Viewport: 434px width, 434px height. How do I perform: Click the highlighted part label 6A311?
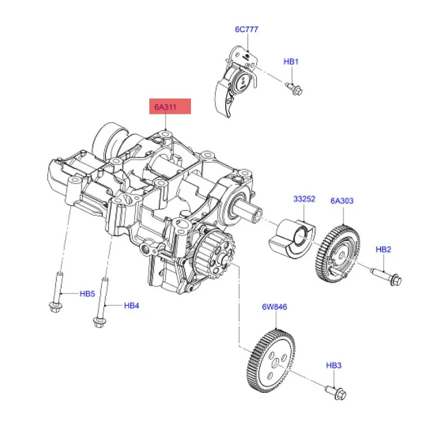coord(171,107)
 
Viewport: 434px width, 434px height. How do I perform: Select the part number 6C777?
coord(246,29)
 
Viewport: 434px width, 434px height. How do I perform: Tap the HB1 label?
coord(291,62)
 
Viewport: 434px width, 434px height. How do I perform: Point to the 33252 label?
coord(304,200)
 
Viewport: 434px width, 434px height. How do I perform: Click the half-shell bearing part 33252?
coord(291,239)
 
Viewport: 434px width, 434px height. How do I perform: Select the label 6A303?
coord(342,201)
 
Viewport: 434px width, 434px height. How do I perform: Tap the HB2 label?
coord(383,250)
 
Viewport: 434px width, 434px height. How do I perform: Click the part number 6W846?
coord(275,307)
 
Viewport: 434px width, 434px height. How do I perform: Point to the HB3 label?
coord(334,366)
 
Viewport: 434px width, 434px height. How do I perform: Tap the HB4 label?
coord(132,306)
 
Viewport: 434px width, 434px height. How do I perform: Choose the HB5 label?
coord(87,294)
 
